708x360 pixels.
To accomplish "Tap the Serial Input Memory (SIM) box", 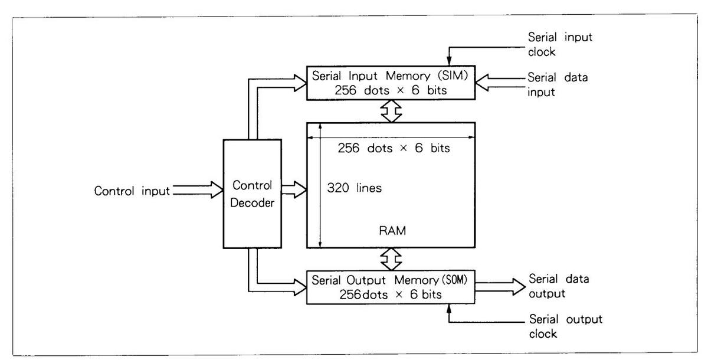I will click(x=390, y=83).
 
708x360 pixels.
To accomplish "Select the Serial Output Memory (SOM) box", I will click(x=390, y=286).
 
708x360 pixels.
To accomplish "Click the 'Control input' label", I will click(x=132, y=191).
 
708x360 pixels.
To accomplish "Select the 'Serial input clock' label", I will click(x=560, y=44).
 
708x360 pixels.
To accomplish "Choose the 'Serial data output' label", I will click(x=559, y=286).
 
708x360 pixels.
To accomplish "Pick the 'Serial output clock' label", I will click(x=565, y=326).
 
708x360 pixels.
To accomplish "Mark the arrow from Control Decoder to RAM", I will click(x=294, y=189).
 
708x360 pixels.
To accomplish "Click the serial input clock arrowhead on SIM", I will click(x=450, y=61).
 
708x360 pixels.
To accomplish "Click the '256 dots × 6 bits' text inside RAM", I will click(x=394, y=149).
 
